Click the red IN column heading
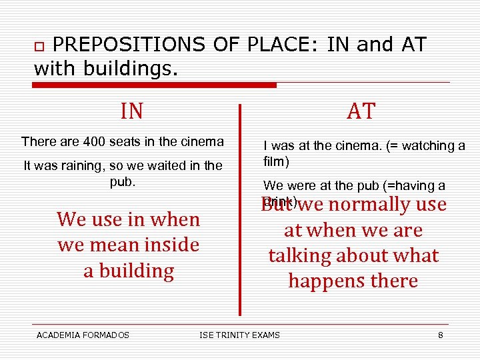(x=132, y=111)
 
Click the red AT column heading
(x=361, y=111)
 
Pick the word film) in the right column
(x=277, y=161)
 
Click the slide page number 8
(x=441, y=335)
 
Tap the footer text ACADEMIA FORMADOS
(x=83, y=335)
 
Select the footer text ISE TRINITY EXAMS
(x=240, y=335)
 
